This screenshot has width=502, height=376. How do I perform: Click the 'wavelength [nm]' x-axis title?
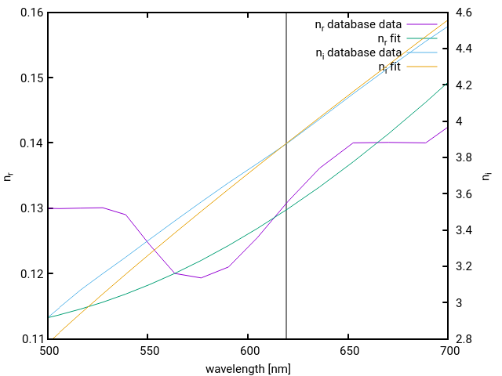(x=248, y=368)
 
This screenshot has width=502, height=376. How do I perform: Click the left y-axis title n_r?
(x=9, y=176)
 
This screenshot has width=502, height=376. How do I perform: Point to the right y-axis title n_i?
(x=488, y=176)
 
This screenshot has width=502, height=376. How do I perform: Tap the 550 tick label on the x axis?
(x=148, y=352)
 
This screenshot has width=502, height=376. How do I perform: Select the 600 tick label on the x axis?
(x=248, y=352)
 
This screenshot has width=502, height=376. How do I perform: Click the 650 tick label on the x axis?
(x=347, y=352)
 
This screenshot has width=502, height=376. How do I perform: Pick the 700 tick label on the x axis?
(x=447, y=352)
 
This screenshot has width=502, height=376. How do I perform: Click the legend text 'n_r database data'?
(x=358, y=24)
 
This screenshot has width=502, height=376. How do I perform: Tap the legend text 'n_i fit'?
(x=390, y=67)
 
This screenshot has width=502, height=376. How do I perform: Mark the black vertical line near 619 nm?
(x=286, y=235)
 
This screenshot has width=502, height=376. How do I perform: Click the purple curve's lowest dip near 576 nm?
(x=201, y=278)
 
